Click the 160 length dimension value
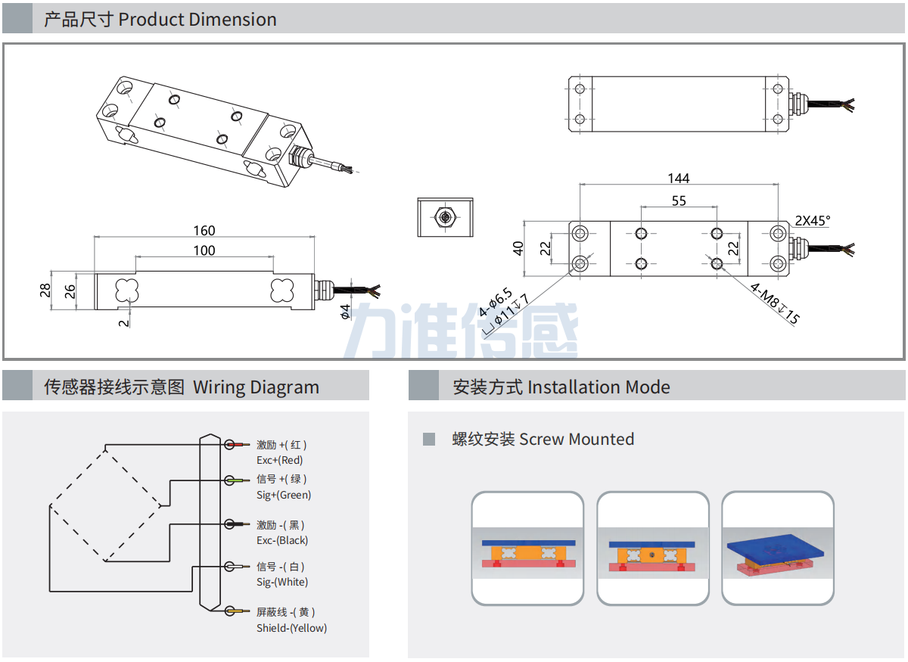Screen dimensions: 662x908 click(204, 230)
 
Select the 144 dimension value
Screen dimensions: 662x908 click(678, 178)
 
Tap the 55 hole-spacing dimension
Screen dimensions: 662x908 click(678, 200)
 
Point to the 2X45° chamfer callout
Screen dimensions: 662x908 click(812, 221)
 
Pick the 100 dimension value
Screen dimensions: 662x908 click(204, 250)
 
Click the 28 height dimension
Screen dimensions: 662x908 click(45, 290)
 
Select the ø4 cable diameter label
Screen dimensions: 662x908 click(345, 311)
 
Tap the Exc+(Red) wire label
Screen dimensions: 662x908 click(280, 460)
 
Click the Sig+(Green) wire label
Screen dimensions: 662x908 click(284, 495)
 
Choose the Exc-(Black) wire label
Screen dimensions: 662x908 click(282, 540)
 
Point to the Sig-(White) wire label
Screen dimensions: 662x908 click(282, 582)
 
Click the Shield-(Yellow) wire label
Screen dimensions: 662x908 click(291, 628)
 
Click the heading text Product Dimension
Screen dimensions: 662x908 click(197, 19)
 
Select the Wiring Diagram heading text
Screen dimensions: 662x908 click(256, 387)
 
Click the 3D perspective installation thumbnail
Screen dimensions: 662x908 click(777, 549)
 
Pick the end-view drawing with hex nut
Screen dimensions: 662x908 click(445, 217)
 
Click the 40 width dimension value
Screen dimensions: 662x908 click(519, 247)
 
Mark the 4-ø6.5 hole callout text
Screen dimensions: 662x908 click(496, 301)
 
